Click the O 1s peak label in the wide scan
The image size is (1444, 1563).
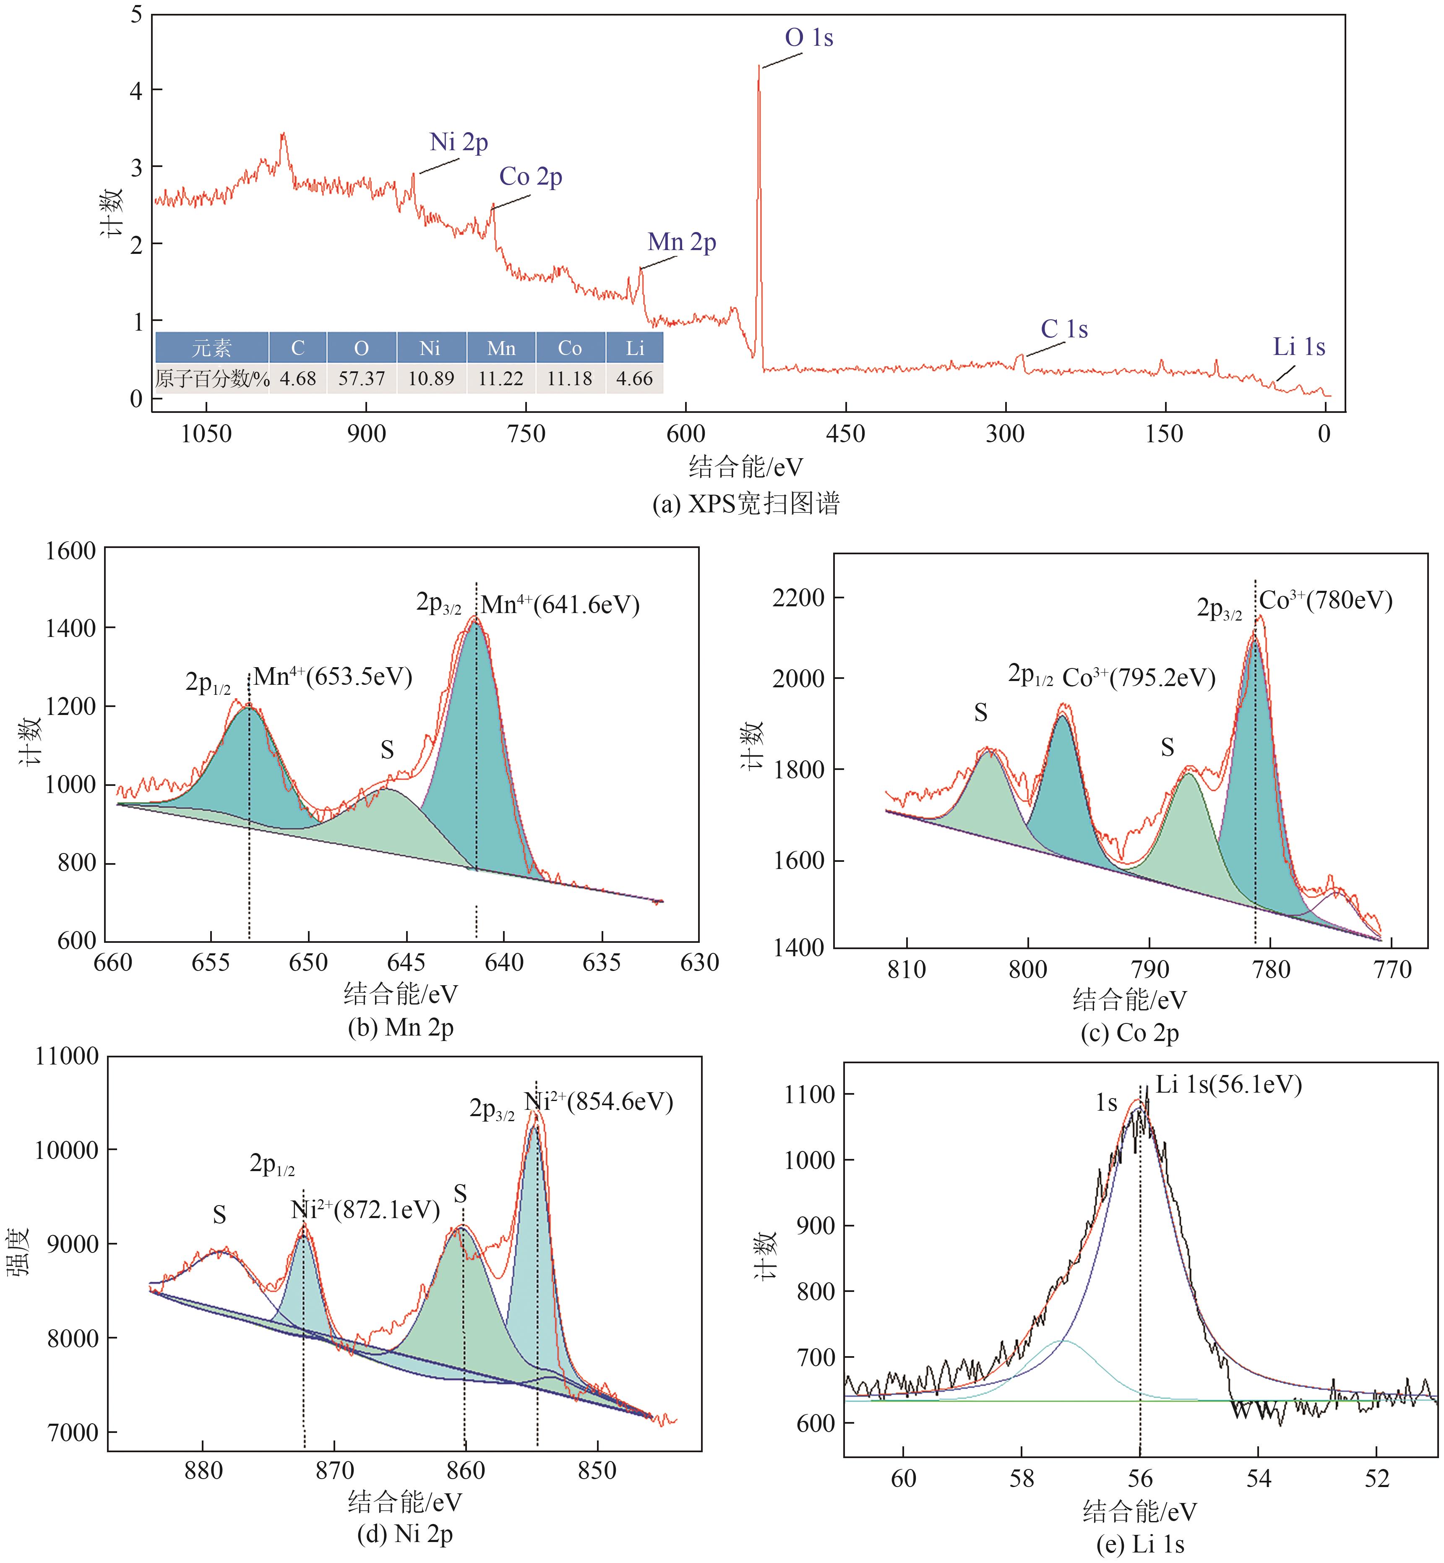coord(809,37)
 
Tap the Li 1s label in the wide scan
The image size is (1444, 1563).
coord(1299,347)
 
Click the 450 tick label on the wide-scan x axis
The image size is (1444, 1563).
coord(845,434)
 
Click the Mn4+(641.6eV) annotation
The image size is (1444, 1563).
coord(560,605)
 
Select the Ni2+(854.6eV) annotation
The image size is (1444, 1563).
coord(598,1102)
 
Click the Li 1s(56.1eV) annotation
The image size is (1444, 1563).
coord(1228,1085)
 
